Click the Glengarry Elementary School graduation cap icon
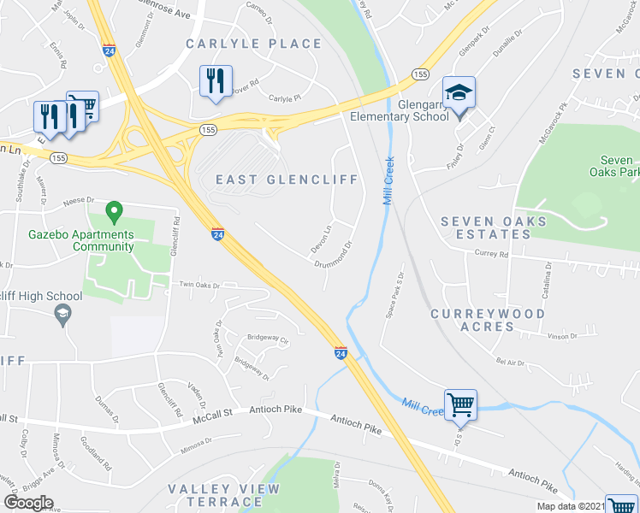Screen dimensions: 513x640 pyautogui.click(x=459, y=92)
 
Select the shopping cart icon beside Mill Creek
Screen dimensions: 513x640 pyautogui.click(x=460, y=404)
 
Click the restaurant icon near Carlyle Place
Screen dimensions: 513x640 pyautogui.click(x=213, y=81)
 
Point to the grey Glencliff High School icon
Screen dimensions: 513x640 pyautogui.click(x=62, y=316)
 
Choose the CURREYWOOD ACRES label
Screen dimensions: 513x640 pyautogui.click(x=487, y=320)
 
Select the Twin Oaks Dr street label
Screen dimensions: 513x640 pyautogui.click(x=199, y=285)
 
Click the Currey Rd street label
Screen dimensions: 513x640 pyautogui.click(x=491, y=254)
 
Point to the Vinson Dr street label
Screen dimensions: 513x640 pyautogui.click(x=561, y=337)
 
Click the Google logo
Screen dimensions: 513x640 pyautogui.click(x=29, y=503)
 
